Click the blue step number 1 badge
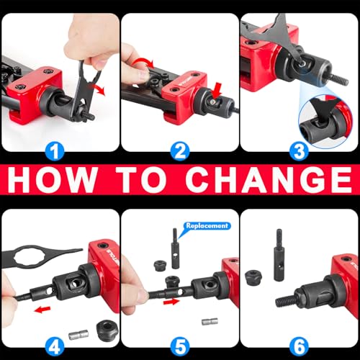pos(55,152)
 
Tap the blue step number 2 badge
pos(180,152)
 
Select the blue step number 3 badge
pos(299,152)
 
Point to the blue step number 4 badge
pos(55,347)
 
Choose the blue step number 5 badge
pos(180,347)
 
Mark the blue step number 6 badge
pos(299,347)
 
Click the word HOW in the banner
pos(53,179)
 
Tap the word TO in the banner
pos(141,179)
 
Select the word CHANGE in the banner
pos(269,179)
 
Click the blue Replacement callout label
pos(207,226)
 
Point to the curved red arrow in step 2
pos(143,62)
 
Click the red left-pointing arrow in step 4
pos(42,310)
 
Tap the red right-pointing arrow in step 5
pos(171,302)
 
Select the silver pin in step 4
pos(78,335)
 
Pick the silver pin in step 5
pos(210,321)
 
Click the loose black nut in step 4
pos(107,329)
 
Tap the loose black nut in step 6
pos(253,278)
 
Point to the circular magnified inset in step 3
pos(326,122)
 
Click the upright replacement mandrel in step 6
pos(279,255)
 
